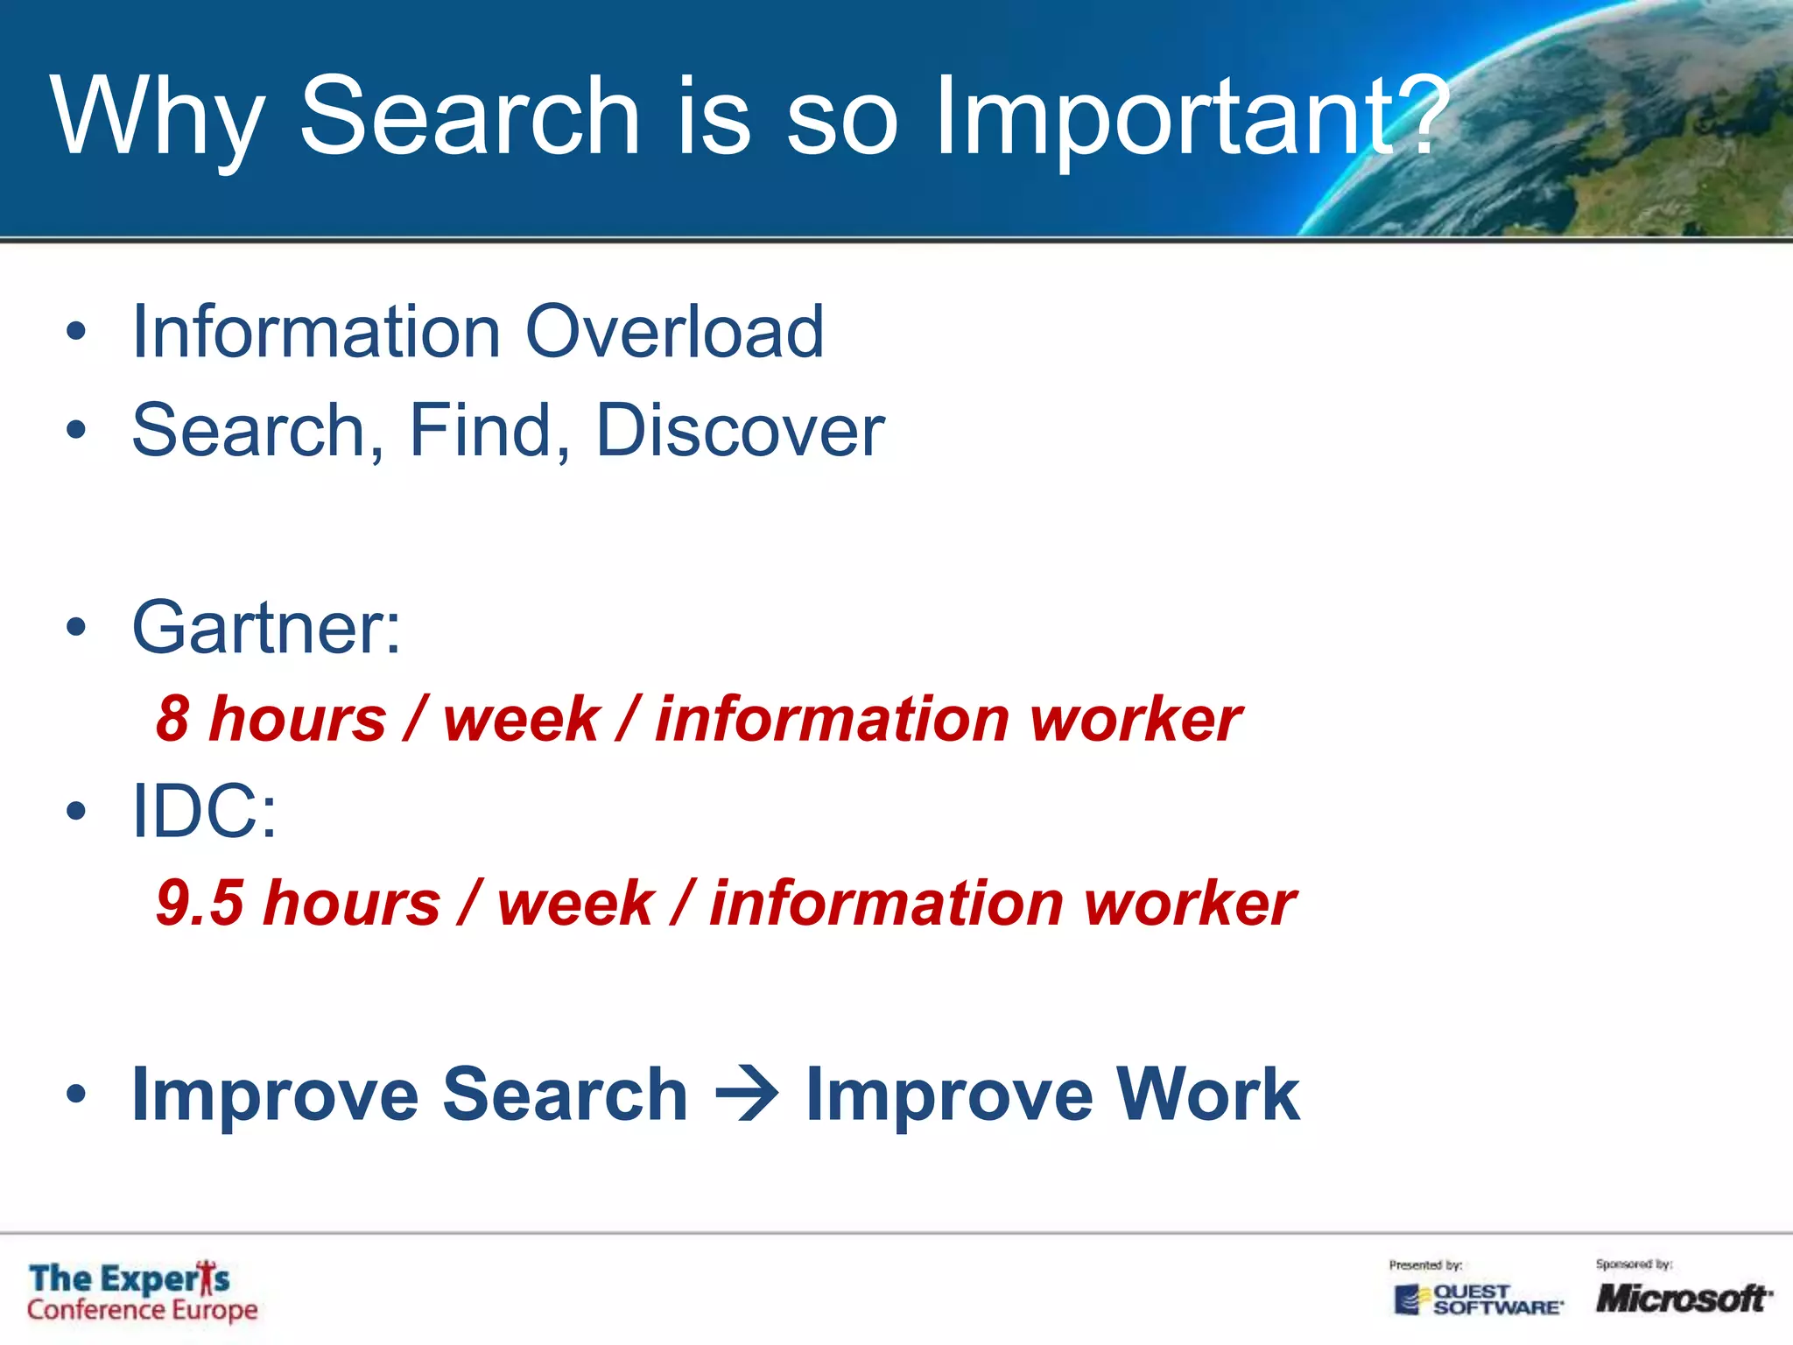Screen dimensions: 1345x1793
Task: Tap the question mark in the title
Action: (1413, 114)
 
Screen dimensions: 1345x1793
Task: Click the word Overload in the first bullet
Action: (674, 332)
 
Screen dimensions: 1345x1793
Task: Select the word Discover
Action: (740, 431)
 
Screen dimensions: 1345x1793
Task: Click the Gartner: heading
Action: (266, 628)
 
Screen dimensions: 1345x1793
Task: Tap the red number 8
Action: (173, 719)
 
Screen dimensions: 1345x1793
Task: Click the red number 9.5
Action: (200, 903)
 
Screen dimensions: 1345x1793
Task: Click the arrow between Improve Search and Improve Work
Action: (746, 1095)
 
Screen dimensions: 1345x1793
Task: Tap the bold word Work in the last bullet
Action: (1208, 1095)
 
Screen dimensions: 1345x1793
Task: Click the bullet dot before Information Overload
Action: (77, 333)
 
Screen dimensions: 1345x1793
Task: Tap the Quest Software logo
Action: (1478, 1299)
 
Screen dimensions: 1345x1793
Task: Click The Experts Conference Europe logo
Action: (142, 1292)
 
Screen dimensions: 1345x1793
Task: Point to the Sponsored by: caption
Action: (1634, 1264)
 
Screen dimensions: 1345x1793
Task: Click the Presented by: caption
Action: (1425, 1265)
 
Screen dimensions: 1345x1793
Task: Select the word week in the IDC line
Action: (575, 903)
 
